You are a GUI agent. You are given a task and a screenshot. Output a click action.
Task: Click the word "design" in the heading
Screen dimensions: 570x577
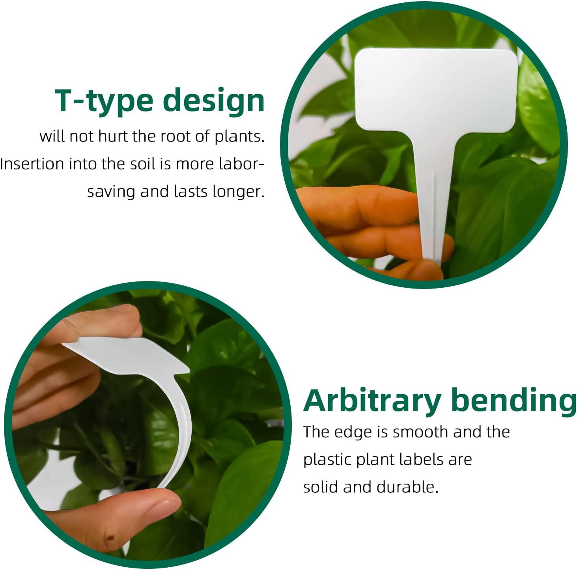213,101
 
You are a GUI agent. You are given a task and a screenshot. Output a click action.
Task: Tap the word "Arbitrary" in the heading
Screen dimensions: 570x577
372,400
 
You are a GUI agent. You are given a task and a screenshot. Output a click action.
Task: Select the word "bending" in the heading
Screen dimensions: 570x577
514,400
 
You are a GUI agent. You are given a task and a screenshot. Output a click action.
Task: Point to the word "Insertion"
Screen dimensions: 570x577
32,164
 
